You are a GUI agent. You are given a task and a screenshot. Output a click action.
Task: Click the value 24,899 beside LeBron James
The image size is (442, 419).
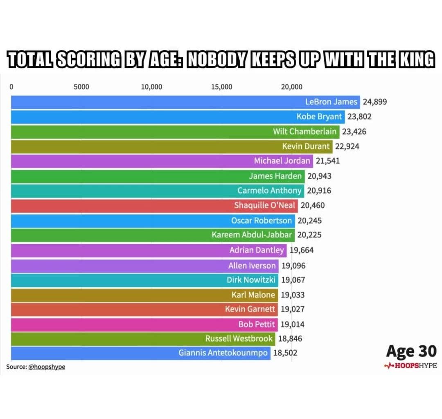tap(374, 102)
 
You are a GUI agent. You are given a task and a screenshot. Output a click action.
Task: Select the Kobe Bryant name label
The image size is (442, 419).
tap(319, 117)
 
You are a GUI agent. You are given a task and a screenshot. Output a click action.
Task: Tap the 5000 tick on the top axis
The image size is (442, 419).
tap(81, 87)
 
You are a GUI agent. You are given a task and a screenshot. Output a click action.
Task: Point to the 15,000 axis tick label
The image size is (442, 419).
tap(221, 87)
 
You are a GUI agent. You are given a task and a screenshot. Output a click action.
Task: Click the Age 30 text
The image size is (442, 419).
tap(411, 351)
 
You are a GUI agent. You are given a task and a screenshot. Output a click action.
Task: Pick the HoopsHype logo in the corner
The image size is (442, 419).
tap(410, 365)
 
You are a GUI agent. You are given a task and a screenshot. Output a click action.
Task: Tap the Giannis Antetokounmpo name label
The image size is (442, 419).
tap(223, 353)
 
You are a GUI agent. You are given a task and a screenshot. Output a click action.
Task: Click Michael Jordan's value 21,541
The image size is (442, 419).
tap(327, 161)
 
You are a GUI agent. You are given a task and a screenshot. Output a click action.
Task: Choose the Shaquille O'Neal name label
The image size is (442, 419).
tap(264, 205)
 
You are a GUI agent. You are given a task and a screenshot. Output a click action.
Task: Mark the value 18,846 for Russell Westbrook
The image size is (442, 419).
tap(290, 338)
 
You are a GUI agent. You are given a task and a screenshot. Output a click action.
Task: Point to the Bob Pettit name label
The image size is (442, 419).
tap(257, 324)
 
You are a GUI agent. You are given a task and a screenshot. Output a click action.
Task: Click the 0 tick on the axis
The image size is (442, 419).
tap(11, 87)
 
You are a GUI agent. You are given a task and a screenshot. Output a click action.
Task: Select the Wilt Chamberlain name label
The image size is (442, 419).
tap(305, 131)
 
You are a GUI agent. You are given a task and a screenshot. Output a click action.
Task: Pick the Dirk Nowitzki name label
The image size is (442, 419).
tap(251, 280)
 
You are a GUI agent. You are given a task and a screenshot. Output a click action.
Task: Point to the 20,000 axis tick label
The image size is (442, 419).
tap(291, 87)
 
